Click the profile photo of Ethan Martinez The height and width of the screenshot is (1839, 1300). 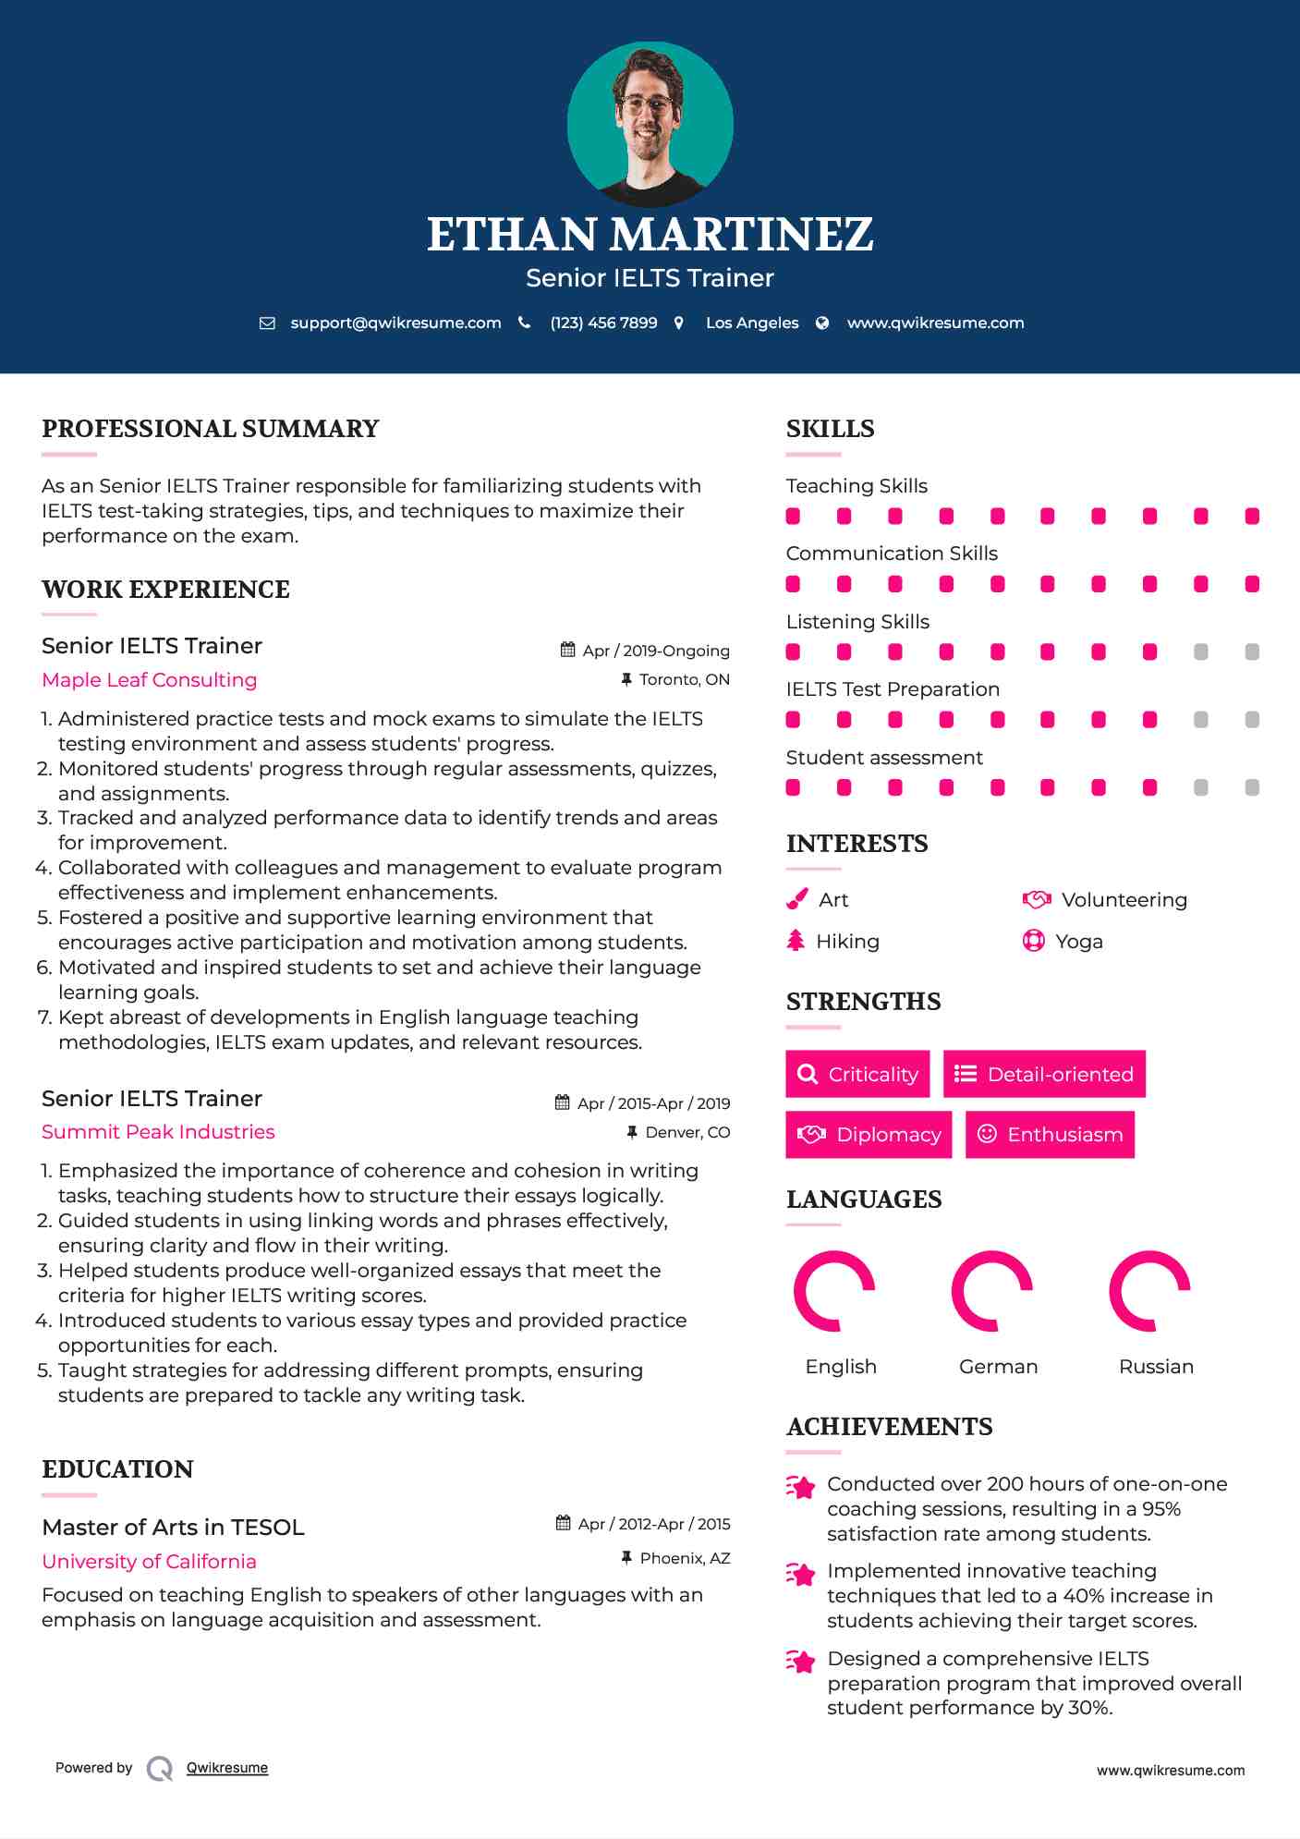[650, 124]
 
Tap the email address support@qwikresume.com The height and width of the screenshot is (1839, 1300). [395, 323]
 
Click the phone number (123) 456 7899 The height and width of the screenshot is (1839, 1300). [603, 323]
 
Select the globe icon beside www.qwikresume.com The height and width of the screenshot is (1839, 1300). [822, 323]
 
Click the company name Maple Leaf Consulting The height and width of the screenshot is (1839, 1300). [150, 680]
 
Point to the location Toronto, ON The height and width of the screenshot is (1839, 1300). [684, 679]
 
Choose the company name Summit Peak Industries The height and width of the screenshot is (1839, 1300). [158, 1132]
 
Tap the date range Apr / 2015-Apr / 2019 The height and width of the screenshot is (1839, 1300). [652, 1103]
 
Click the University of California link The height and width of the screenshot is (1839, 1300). [149, 1562]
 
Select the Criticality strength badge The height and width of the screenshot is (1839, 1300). [857, 1074]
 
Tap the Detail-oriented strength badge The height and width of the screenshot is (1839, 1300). [1044, 1074]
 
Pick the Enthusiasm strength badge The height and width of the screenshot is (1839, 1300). [1050, 1134]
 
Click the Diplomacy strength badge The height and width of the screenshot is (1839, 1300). [869, 1134]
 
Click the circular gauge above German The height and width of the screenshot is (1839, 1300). [992, 1291]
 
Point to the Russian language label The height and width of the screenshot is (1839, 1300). [1156, 1367]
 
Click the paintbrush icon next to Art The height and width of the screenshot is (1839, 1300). [796, 899]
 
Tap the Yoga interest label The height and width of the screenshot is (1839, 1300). [1079, 942]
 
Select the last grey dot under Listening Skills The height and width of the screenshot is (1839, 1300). [1252, 652]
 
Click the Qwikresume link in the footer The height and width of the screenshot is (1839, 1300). [227, 1768]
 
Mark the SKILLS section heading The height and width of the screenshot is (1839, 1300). [830, 429]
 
